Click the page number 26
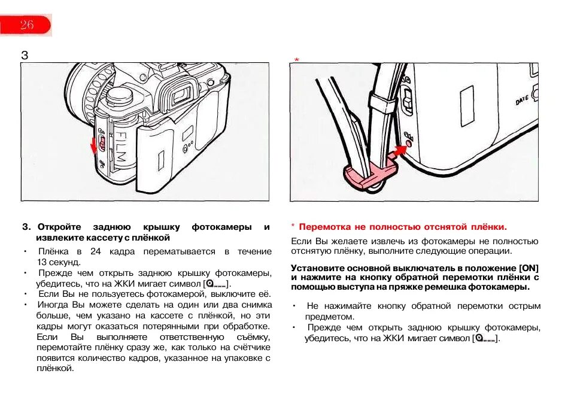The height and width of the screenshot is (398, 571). pyautogui.click(x=27, y=25)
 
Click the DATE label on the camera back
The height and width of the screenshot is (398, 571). pyautogui.click(x=523, y=101)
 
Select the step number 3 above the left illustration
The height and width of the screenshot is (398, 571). pyautogui.click(x=25, y=56)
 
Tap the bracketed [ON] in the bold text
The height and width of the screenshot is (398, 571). pyautogui.click(x=529, y=267)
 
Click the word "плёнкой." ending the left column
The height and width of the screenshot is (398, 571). pyautogui.click(x=55, y=369)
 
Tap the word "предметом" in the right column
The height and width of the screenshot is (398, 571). pyautogui.click(x=329, y=317)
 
